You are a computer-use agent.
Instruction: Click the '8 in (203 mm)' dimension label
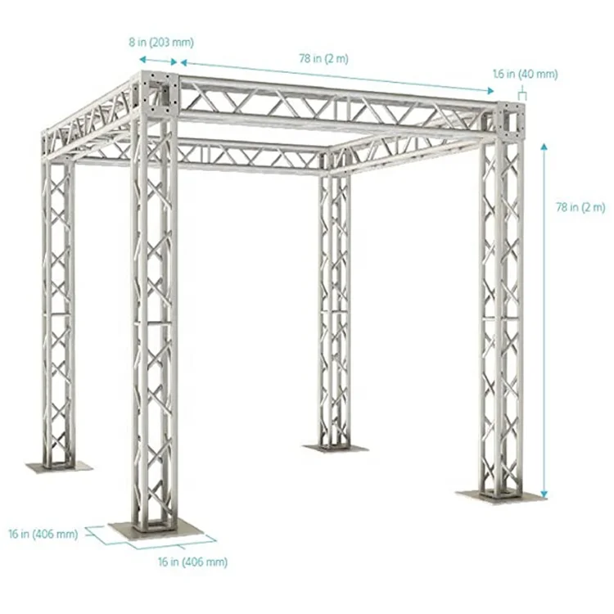click(165, 42)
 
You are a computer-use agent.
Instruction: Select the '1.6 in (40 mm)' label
click(525, 74)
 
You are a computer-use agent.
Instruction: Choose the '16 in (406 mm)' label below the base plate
click(193, 562)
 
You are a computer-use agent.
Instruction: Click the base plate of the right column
click(499, 496)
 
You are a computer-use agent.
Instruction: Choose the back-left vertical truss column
click(57, 311)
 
